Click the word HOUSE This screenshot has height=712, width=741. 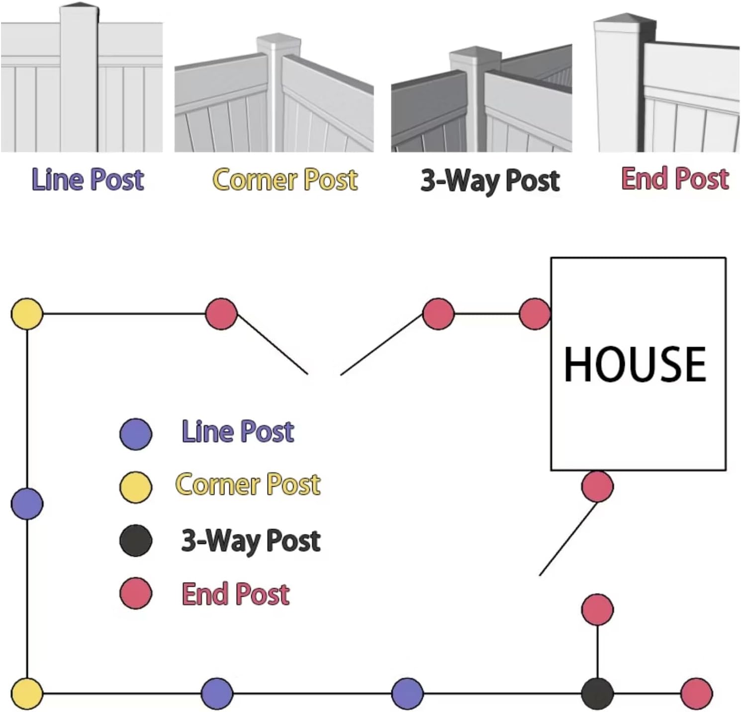pyautogui.click(x=635, y=364)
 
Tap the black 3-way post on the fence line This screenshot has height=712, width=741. pyautogui.click(x=597, y=693)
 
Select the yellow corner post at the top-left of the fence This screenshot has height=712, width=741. pyautogui.click(x=27, y=314)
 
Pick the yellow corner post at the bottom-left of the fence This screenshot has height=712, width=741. pyautogui.click(x=27, y=693)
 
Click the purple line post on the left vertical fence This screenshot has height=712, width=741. pyautogui.click(x=27, y=503)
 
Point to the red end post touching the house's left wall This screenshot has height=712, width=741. pyautogui.click(x=535, y=314)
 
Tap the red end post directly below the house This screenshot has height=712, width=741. pyautogui.click(x=597, y=486)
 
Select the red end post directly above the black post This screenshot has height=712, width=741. pyautogui.click(x=597, y=609)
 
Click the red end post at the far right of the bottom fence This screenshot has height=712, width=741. pyautogui.click(x=696, y=693)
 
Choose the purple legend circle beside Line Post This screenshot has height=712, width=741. pyautogui.click(x=136, y=434)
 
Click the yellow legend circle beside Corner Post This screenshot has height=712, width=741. pyautogui.click(x=136, y=487)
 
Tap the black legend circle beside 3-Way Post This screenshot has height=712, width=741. pyautogui.click(x=136, y=540)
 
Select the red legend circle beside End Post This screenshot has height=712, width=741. pyautogui.click(x=136, y=593)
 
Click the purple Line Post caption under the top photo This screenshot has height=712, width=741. pyautogui.click(x=88, y=179)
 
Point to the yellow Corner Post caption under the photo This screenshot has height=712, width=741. pyautogui.click(x=285, y=179)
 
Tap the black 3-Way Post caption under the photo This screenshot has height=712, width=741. pyautogui.click(x=490, y=180)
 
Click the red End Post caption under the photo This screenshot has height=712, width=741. pyautogui.click(x=675, y=178)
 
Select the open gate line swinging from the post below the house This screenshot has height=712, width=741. pyautogui.click(x=568, y=539)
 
